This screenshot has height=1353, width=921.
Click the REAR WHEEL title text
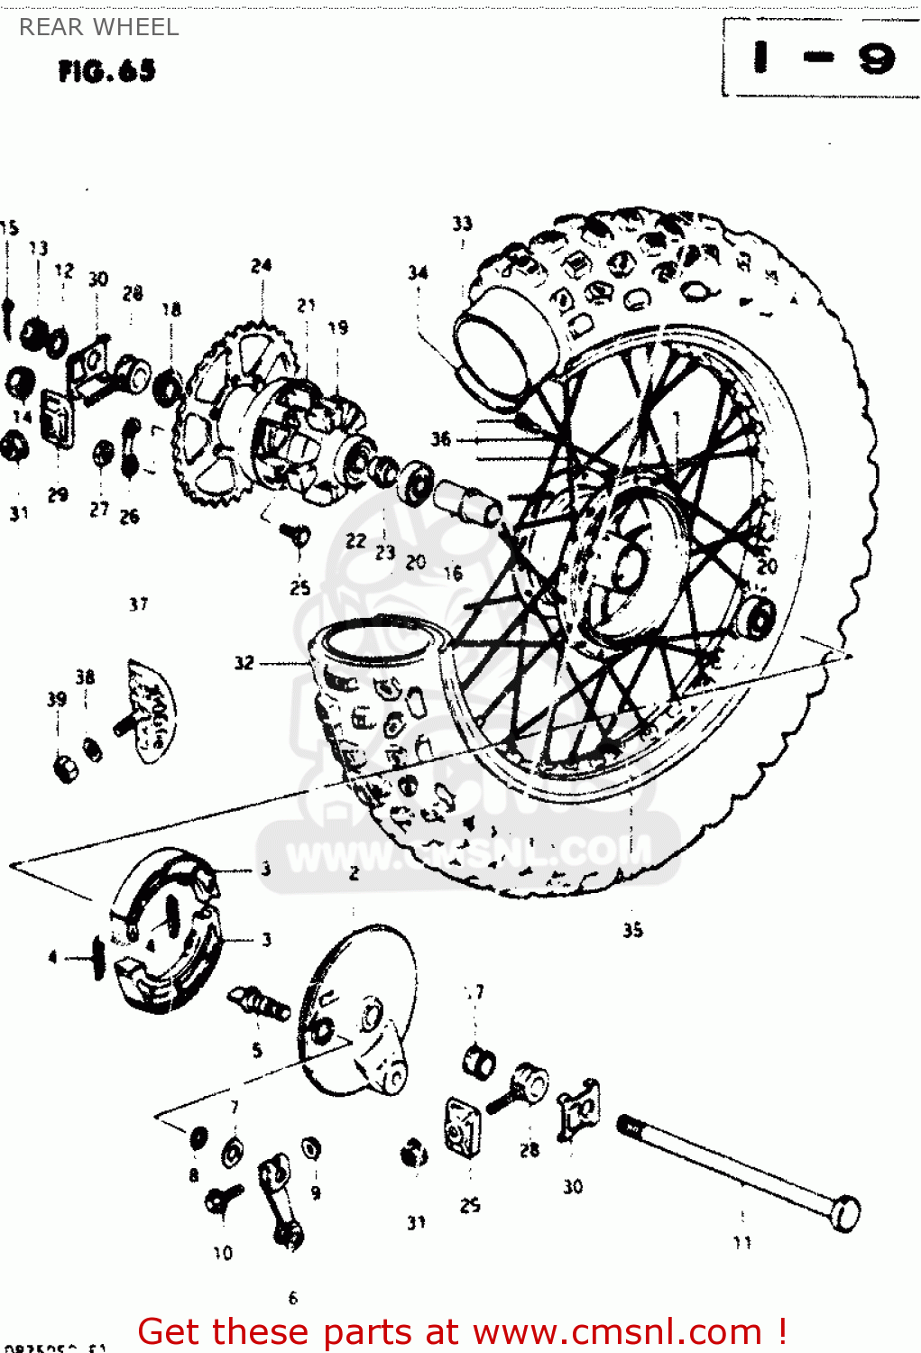99,27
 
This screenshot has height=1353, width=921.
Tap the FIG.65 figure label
106,71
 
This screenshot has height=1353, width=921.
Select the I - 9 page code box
821,59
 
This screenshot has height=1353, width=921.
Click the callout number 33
462,223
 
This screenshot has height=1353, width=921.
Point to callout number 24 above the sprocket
261,265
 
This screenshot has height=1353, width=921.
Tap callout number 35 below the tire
632,929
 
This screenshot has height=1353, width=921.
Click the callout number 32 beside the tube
244,662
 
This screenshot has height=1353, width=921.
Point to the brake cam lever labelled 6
281,1200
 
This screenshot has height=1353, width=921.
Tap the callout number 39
56,698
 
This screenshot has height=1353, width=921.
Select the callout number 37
138,603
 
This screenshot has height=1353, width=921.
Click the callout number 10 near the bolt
223,1252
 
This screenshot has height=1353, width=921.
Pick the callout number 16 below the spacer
453,573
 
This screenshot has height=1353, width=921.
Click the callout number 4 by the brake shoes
52,956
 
